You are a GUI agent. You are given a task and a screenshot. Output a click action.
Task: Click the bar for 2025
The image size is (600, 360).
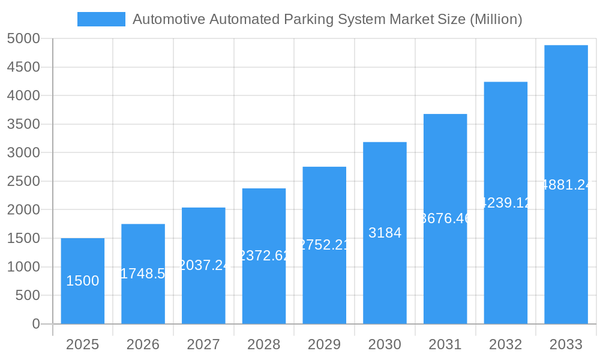point(82,281)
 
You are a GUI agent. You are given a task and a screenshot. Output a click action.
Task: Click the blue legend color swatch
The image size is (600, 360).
point(101,19)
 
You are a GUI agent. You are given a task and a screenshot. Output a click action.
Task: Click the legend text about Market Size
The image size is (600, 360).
point(327,19)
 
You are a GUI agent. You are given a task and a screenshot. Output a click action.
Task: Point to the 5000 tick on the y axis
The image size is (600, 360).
point(23,39)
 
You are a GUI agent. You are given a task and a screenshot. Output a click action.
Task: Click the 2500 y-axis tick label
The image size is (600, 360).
point(23,181)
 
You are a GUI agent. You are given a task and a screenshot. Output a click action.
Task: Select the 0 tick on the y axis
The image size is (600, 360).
point(35,324)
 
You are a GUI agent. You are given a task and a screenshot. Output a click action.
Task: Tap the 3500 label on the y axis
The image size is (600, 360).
point(23,124)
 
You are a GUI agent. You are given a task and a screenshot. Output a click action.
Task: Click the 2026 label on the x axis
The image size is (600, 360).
point(143,344)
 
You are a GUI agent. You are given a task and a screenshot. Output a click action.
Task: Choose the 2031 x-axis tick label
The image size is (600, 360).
point(445,344)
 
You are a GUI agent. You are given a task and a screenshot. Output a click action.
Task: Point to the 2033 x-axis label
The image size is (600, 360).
point(566,344)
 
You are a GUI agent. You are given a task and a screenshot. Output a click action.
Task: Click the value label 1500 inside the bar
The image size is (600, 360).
point(82,281)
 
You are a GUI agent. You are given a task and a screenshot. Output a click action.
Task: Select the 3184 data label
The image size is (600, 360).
point(385,233)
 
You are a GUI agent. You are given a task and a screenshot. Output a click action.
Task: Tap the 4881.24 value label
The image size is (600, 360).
point(566,185)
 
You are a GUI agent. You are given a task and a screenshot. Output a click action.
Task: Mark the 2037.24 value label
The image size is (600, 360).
point(203,265)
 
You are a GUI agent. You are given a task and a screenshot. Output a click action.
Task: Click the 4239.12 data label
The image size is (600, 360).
point(506,203)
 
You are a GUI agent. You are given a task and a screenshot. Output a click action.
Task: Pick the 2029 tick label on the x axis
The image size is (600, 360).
point(324,344)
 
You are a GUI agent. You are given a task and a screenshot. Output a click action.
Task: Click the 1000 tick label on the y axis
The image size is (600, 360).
point(23,267)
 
